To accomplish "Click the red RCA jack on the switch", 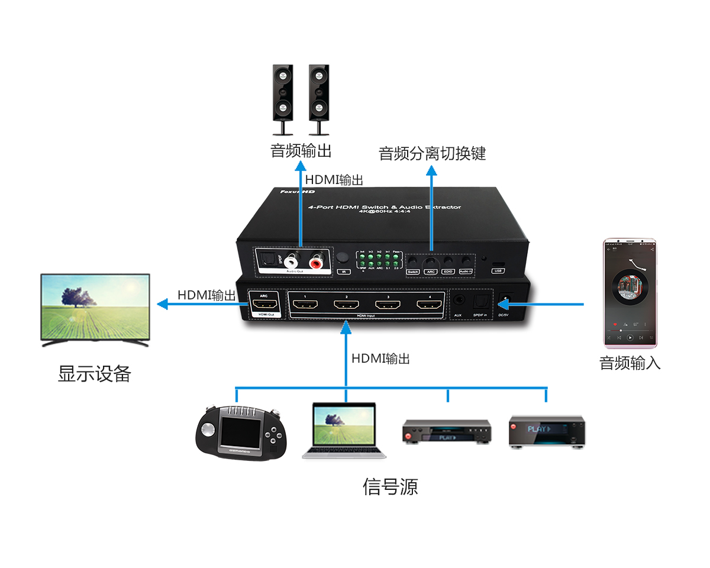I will (x=314, y=260).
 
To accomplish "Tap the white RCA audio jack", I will (x=292, y=260).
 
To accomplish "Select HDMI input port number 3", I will (x=387, y=306).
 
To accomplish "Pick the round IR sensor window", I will (x=343, y=259).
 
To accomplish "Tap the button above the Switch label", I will (x=413, y=261).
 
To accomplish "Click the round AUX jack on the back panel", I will (x=458, y=301).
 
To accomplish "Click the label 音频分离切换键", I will (x=432, y=154).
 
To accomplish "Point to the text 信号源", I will (x=390, y=486).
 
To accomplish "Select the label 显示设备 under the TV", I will (x=94, y=373).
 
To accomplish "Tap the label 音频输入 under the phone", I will (x=630, y=363).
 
